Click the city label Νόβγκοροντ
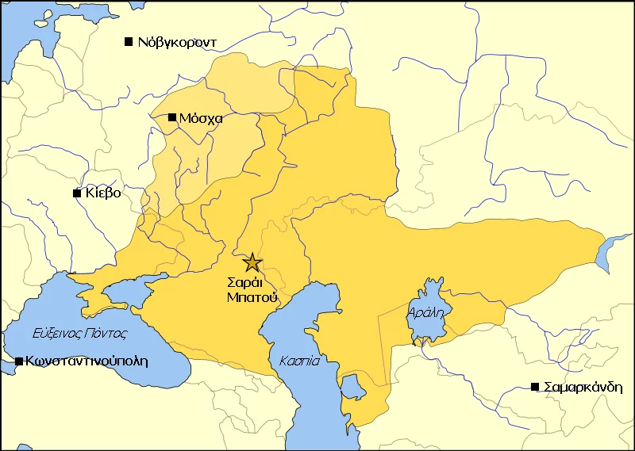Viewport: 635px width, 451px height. click(176, 42)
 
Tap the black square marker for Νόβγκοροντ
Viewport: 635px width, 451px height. click(129, 41)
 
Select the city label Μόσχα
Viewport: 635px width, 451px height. click(200, 118)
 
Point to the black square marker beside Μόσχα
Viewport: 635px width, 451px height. click(172, 117)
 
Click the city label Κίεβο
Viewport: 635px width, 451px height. click(102, 193)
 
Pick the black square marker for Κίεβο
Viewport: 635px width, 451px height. click(77, 193)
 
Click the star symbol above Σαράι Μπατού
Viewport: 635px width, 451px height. click(252, 262)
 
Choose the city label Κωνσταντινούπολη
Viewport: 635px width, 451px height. click(87, 361)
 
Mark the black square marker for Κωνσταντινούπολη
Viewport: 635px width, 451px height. click(19, 361)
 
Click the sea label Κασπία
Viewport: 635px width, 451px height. click(299, 361)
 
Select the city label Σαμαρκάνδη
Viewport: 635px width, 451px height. click(583, 387)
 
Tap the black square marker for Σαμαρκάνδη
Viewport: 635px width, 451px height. click(535, 387)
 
